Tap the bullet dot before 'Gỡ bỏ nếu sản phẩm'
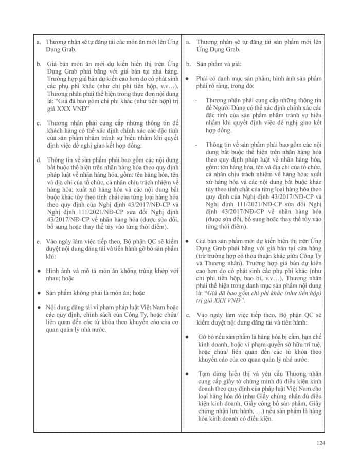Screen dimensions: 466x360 click(188, 321)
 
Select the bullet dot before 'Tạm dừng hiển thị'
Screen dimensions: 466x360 click(188, 370)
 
